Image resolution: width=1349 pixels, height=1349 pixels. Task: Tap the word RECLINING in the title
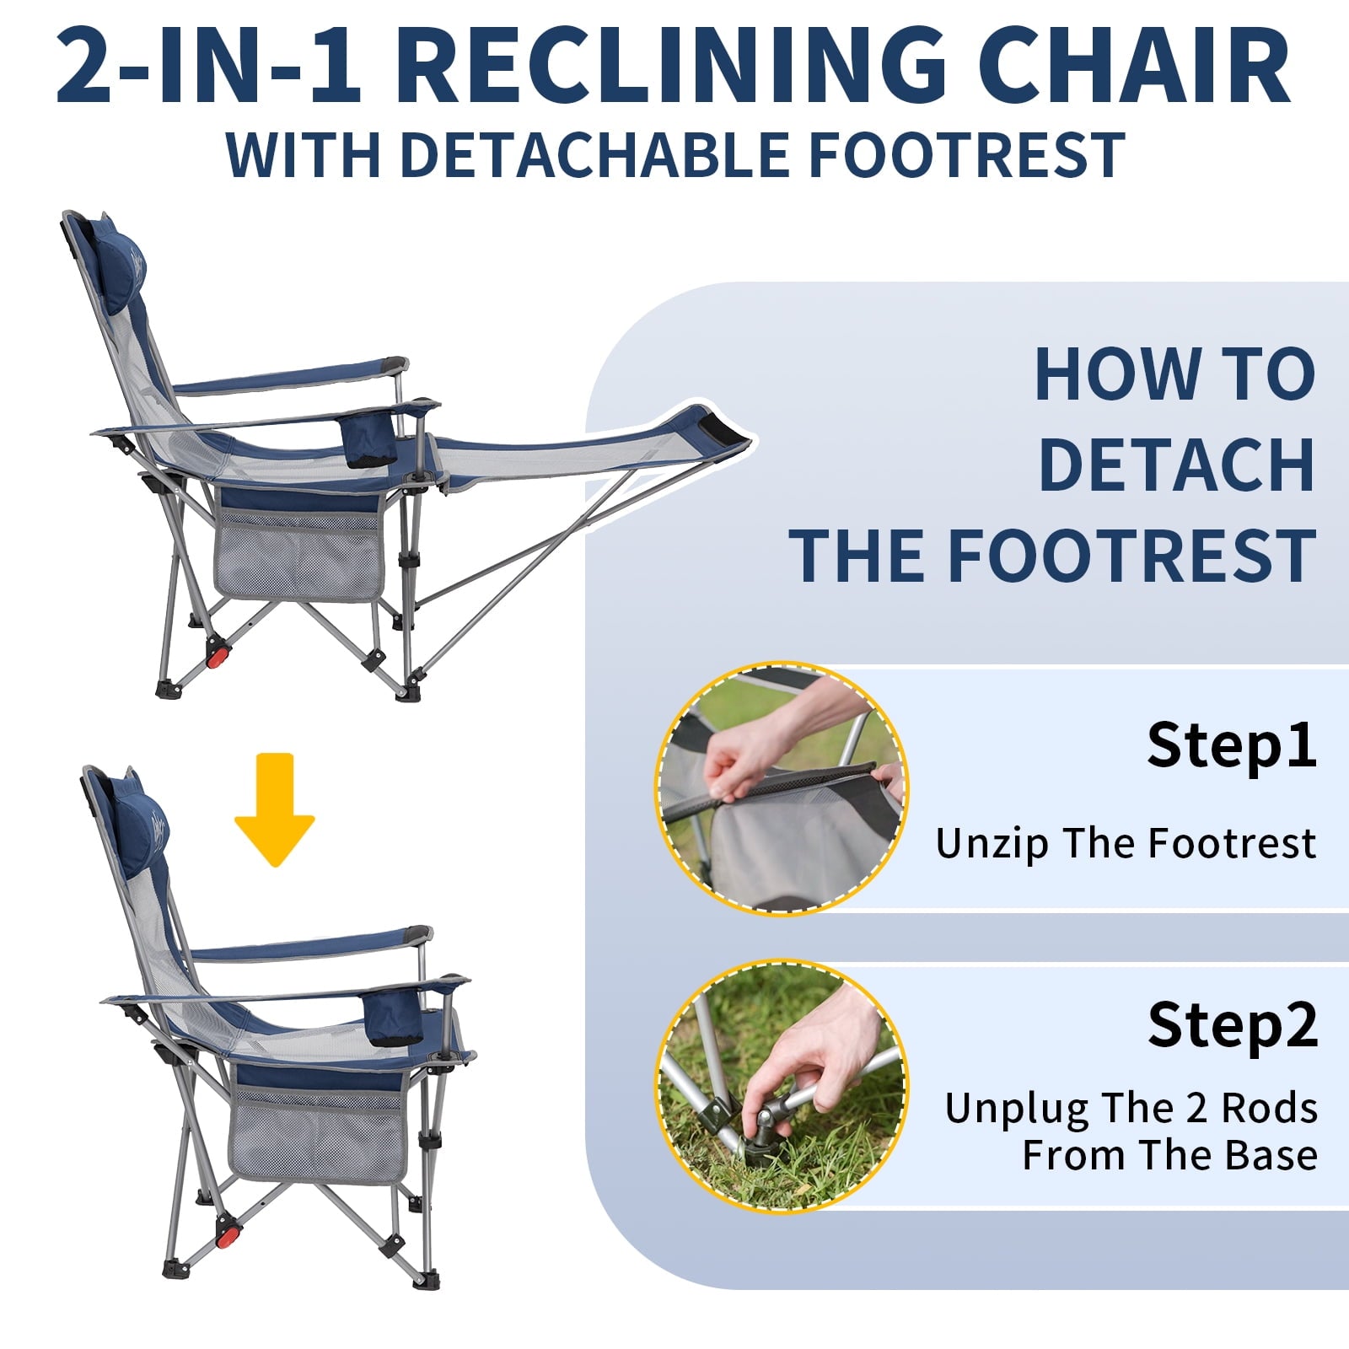[x=671, y=66]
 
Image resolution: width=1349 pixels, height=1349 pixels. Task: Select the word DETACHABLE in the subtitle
[x=594, y=155]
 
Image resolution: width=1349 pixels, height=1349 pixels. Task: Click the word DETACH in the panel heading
[x=1176, y=465]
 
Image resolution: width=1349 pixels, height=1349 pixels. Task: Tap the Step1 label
[x=1231, y=744]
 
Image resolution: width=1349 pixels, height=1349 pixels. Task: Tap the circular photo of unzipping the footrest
[x=782, y=787]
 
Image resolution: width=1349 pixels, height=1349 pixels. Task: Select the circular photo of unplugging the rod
[x=782, y=1087]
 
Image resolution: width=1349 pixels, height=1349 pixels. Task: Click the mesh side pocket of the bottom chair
[x=319, y=1136]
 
